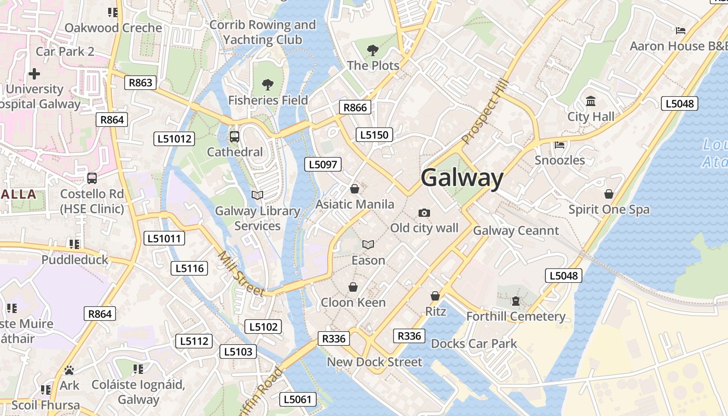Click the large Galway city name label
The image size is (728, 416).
tap(462, 178)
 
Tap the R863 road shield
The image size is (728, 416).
tap(140, 83)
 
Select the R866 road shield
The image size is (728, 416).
tap(355, 108)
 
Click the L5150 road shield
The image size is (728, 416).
tap(374, 135)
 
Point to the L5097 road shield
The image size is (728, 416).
tap(323, 165)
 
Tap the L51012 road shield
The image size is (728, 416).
tap(175, 139)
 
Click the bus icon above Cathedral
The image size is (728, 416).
tap(235, 137)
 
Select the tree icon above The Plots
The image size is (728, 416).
tap(372, 50)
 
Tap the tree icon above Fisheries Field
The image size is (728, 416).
tap(268, 84)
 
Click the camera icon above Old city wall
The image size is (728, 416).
tap(424, 213)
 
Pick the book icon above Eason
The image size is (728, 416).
tap(368, 244)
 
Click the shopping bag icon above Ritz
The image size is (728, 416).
tap(435, 296)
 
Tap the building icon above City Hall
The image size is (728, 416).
tap(591, 101)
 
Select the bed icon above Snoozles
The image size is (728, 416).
tap(560, 145)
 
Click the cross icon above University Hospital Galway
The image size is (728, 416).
tap(34, 74)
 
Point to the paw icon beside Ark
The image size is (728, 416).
tap(69, 370)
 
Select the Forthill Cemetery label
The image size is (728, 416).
tap(515, 316)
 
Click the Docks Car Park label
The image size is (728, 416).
tap(474, 343)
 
